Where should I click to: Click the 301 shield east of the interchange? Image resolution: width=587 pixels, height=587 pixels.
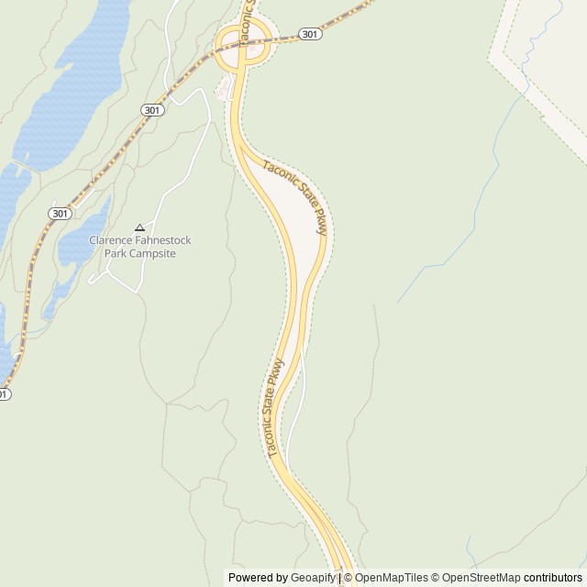pyautogui.click(x=310, y=34)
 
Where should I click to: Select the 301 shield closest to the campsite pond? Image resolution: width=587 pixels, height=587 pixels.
pyautogui.click(x=60, y=213)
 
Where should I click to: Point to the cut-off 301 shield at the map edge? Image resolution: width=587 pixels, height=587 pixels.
pyautogui.click(x=3, y=394)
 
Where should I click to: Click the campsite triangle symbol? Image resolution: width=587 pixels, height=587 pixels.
pyautogui.click(x=139, y=227)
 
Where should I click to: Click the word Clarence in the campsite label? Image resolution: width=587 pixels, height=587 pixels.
pyautogui.click(x=110, y=240)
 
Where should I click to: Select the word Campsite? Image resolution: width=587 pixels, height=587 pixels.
pyautogui.click(x=151, y=253)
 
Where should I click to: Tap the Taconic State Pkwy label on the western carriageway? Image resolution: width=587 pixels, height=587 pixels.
pyautogui.click(x=273, y=407)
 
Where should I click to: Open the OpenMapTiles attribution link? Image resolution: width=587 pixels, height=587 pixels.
pyautogui.click(x=392, y=578)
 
